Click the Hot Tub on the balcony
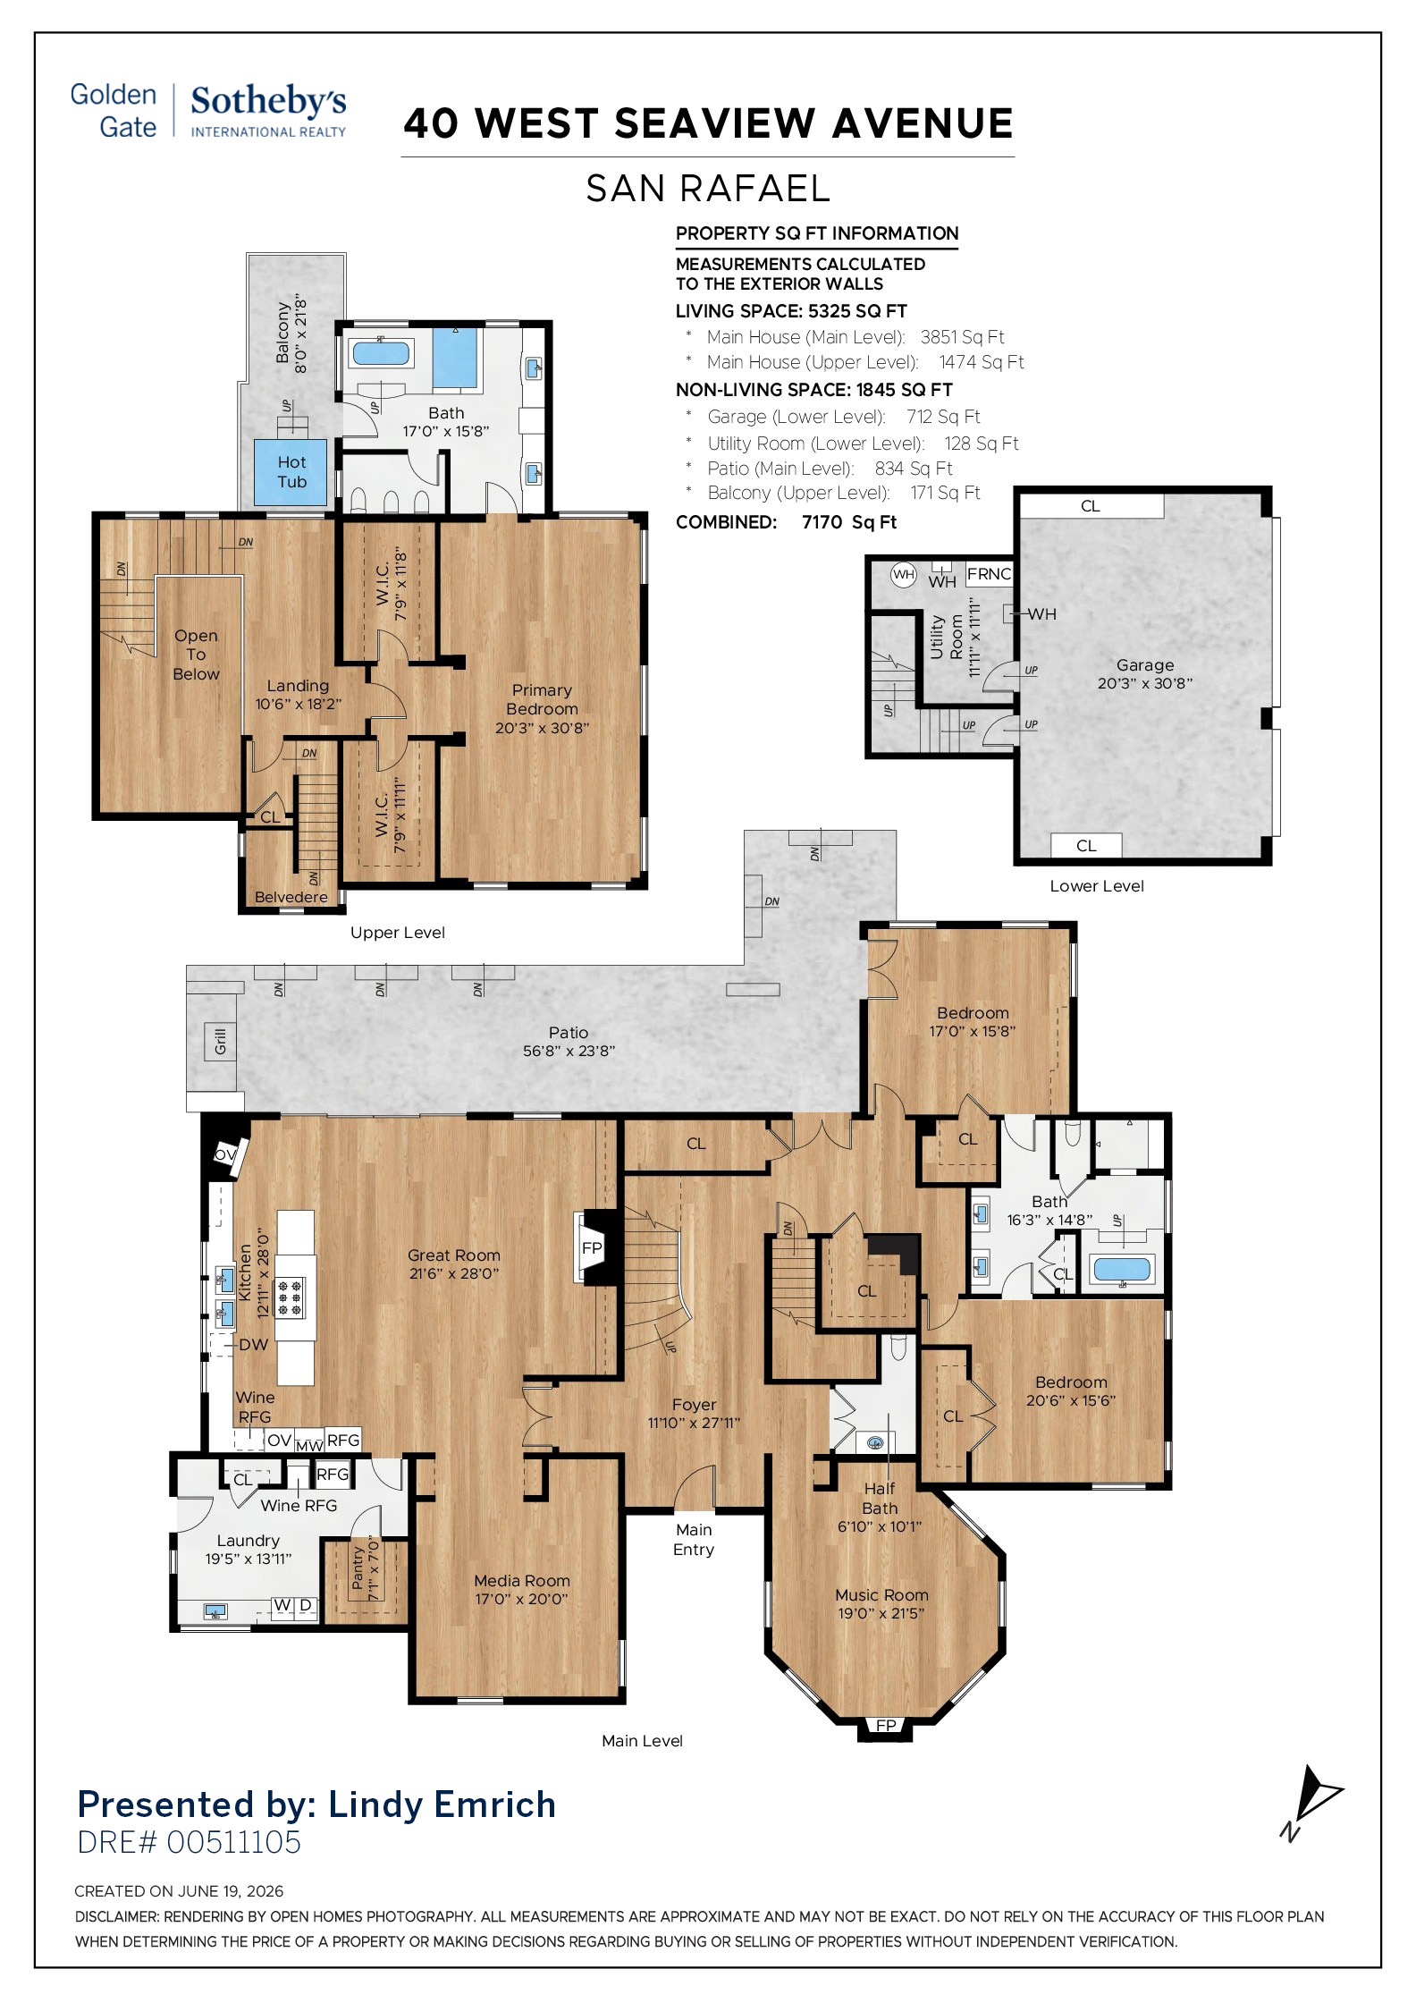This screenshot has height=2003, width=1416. [x=291, y=472]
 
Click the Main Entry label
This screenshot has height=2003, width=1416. [x=694, y=1540]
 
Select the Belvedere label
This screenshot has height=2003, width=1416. [x=291, y=897]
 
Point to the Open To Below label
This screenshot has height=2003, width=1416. [x=196, y=655]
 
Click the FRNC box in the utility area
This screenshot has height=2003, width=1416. [x=990, y=574]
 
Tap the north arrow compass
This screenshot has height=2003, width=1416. [x=1311, y=1802]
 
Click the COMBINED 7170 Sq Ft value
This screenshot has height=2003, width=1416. [x=849, y=522]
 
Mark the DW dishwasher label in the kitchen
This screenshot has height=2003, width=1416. [x=253, y=1344]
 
